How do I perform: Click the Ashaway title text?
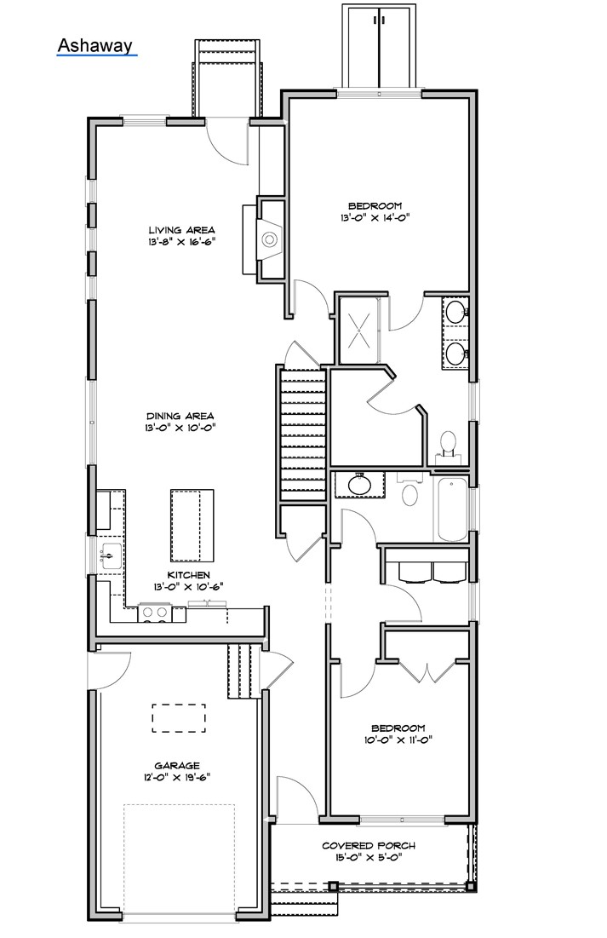(x=95, y=44)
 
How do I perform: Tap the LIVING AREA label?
(x=181, y=230)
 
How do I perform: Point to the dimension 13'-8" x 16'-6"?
(x=181, y=242)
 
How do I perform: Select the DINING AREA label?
(x=181, y=416)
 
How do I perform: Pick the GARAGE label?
(x=177, y=765)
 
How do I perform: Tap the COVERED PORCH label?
(x=369, y=845)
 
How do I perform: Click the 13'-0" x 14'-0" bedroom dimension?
(x=375, y=217)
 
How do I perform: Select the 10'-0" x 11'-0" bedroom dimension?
(x=398, y=739)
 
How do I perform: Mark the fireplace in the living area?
(x=270, y=239)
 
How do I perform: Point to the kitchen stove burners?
(x=154, y=611)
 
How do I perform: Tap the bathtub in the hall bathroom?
(x=451, y=509)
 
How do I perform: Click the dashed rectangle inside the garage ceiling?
(x=179, y=718)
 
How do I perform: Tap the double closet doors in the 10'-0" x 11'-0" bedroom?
(x=426, y=670)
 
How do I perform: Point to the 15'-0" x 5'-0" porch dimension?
(x=369, y=857)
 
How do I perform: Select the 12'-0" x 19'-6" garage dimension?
(x=177, y=777)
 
